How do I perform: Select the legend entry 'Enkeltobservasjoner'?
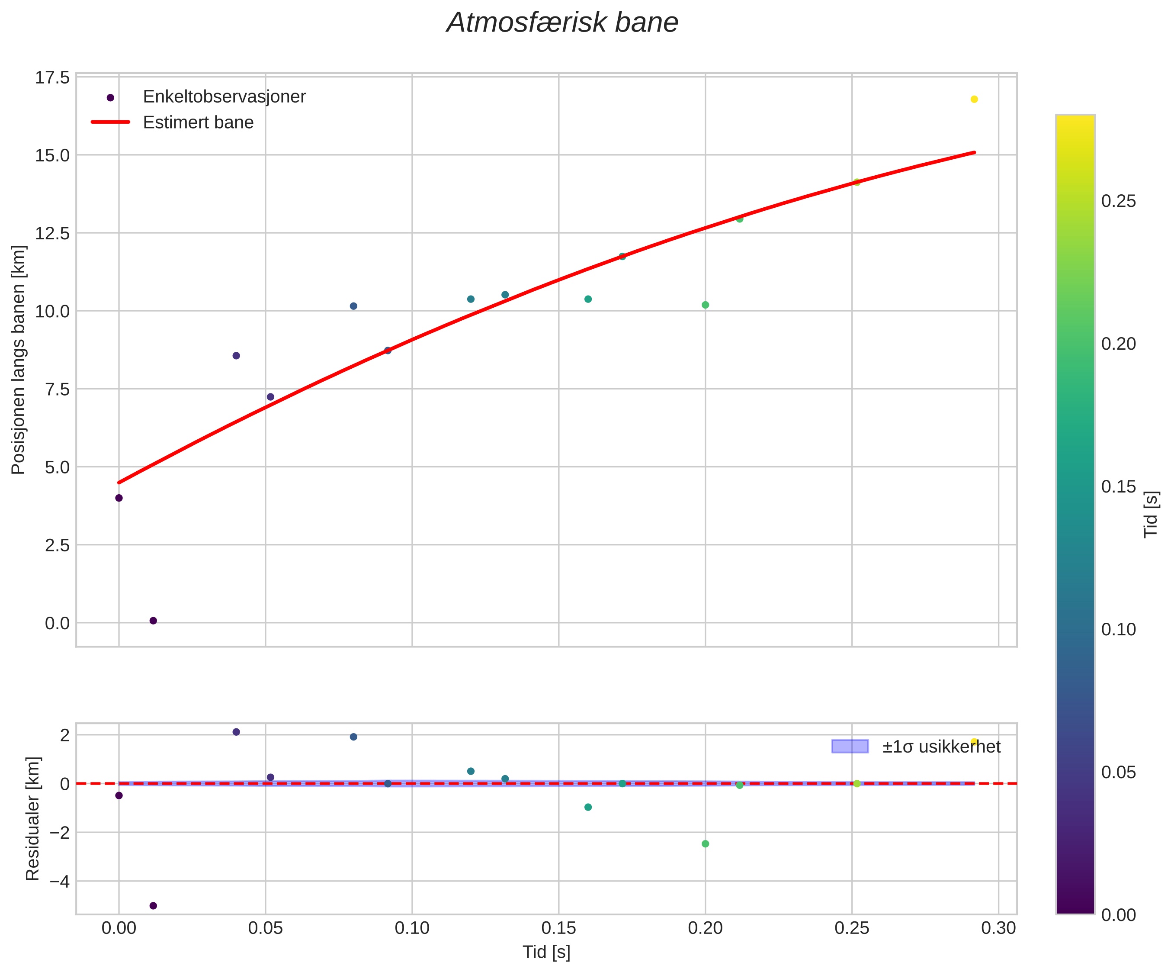[224, 97]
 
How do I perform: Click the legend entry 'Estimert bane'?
[198, 122]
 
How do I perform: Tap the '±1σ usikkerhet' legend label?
[941, 747]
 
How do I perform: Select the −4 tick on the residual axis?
[60, 882]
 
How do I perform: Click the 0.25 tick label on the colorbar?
[1119, 201]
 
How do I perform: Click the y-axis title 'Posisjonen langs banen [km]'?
[19, 360]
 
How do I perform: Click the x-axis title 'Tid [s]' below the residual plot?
[546, 952]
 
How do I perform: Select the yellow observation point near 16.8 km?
[974, 99]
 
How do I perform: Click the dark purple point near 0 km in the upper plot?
[153, 621]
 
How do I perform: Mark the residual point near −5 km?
[153, 906]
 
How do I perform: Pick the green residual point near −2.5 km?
[706, 843]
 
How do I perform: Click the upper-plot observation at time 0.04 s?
[236, 355]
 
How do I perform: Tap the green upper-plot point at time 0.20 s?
[706, 305]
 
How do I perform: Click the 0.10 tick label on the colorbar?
[1119, 629]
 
